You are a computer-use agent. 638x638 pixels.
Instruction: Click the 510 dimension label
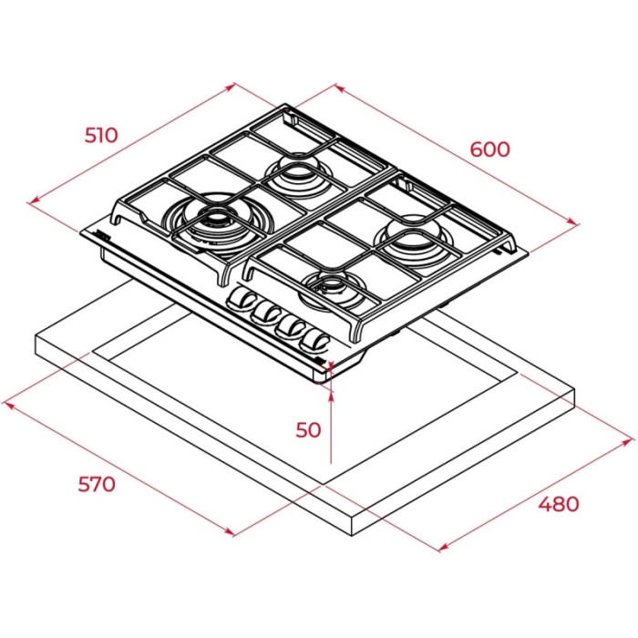(101, 135)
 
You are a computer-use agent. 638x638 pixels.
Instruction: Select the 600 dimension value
(490, 149)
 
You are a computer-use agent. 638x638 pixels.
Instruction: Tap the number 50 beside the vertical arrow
(309, 428)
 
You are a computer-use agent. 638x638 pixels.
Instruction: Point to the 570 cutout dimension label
(96, 483)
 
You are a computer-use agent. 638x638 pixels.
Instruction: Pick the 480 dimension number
(558, 503)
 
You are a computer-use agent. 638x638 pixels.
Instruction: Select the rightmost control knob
(315, 340)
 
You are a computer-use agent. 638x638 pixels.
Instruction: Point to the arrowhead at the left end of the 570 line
(8, 400)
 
